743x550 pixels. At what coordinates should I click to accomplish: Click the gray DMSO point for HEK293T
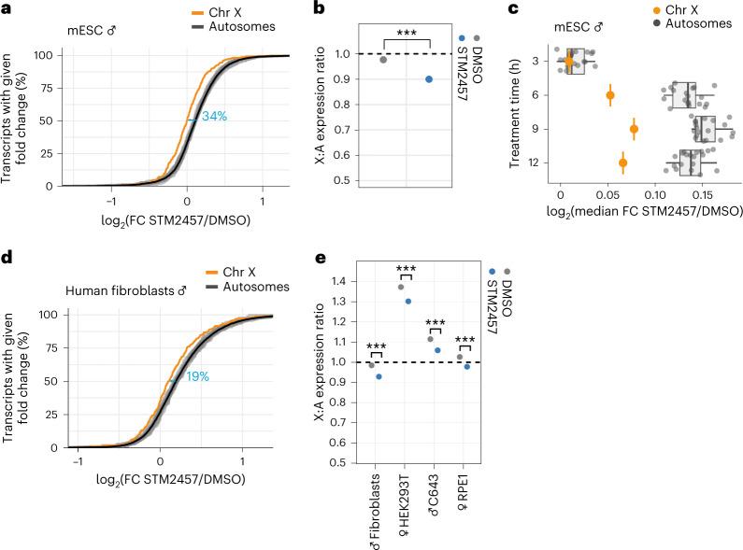(401, 288)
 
